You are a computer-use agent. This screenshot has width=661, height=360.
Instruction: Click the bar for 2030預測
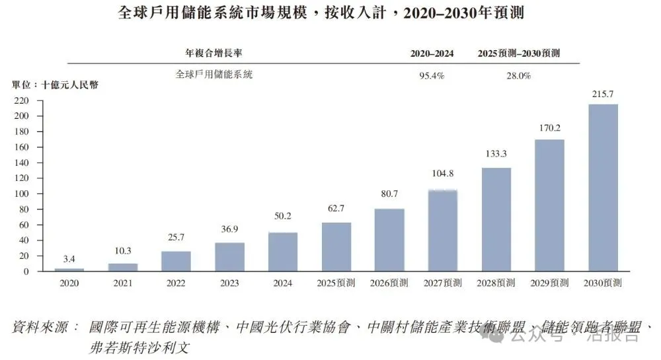(x=603, y=188)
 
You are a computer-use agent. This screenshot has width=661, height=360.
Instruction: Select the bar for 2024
(x=283, y=252)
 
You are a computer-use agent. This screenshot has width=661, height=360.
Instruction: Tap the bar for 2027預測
(x=443, y=231)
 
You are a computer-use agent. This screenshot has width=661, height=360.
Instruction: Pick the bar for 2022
(x=176, y=261)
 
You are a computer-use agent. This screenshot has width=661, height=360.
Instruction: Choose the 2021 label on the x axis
(x=123, y=283)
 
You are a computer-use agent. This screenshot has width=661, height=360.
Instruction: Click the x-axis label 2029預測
(x=549, y=283)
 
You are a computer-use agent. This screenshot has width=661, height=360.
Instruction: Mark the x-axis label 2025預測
(x=336, y=283)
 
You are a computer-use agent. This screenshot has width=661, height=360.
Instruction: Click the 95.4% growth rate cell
(x=432, y=76)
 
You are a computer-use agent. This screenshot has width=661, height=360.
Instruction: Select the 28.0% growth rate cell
(x=518, y=76)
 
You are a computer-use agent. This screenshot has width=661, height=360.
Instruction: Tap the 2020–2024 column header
(x=432, y=54)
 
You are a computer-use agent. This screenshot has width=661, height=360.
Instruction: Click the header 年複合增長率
(x=217, y=54)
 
